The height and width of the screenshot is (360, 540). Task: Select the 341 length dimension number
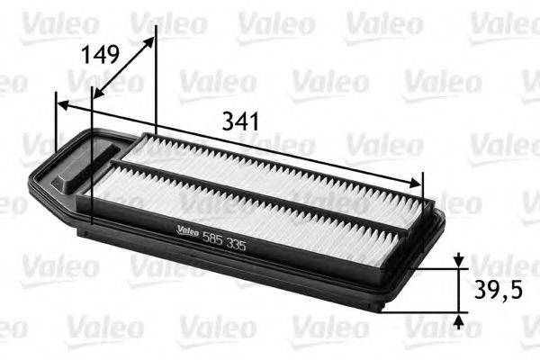click(x=240, y=121)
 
